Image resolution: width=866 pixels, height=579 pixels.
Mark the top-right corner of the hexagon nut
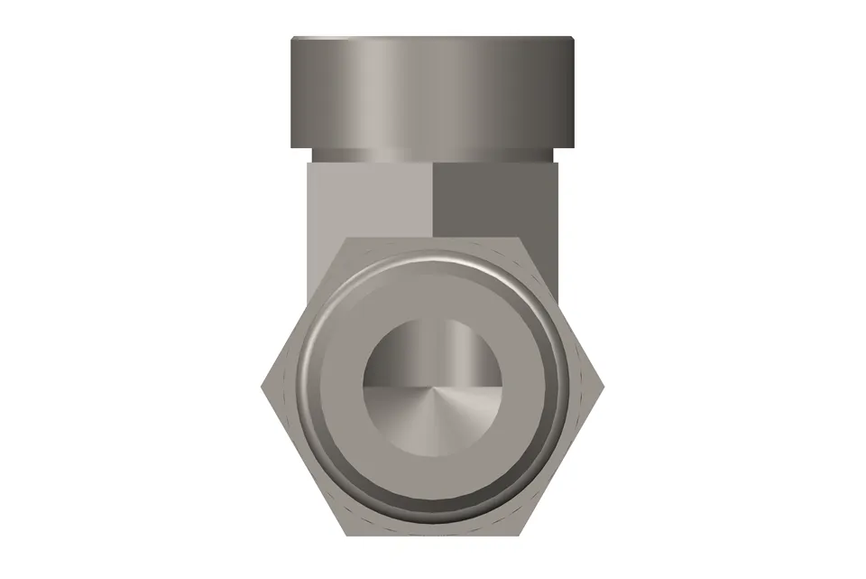[520, 238]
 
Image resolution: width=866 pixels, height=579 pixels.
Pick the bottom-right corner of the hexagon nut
[520, 533]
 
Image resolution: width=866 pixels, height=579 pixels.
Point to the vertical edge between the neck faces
[433, 194]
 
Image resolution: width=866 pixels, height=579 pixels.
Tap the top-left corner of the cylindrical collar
[291, 37]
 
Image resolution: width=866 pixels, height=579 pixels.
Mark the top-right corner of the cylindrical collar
[574, 37]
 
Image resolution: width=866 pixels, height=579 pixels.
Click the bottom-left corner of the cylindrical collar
[290, 148]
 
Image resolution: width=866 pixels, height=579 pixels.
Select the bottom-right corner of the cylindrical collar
[575, 148]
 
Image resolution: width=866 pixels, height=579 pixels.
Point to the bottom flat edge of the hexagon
[432, 533]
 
